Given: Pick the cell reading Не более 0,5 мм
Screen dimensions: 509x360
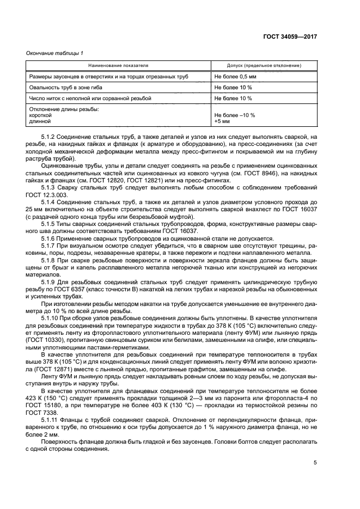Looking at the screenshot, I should [x=235, y=77].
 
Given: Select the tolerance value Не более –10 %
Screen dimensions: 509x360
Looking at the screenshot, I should [x=235, y=115].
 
